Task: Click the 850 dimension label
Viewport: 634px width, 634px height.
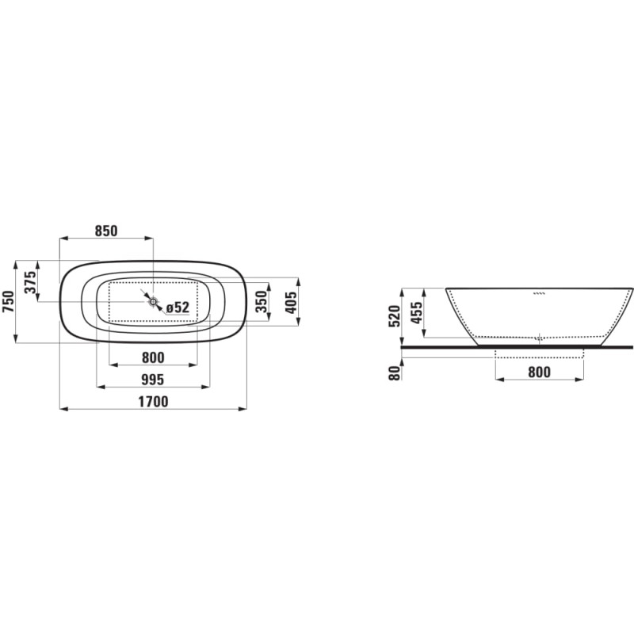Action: point(106,231)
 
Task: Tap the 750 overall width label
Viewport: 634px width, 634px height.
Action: point(10,302)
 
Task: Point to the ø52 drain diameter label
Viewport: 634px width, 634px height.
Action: point(178,307)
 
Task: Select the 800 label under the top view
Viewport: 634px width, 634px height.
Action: point(153,357)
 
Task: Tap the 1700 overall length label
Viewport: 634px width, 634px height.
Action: point(153,402)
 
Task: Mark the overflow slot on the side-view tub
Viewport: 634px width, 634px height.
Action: point(540,293)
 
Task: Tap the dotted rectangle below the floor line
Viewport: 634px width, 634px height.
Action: point(539,353)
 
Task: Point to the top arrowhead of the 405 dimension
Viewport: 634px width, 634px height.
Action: point(298,281)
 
